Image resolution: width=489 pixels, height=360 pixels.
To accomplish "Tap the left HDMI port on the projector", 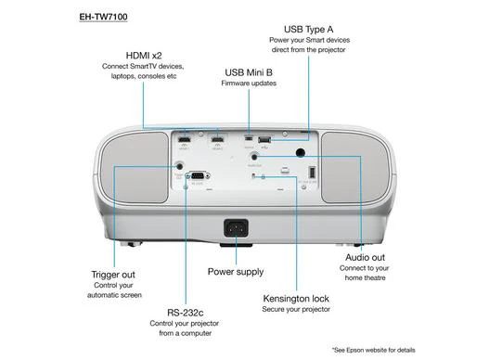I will pos(186,141).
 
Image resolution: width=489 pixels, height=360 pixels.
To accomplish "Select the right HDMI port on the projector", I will pos(217,141).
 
